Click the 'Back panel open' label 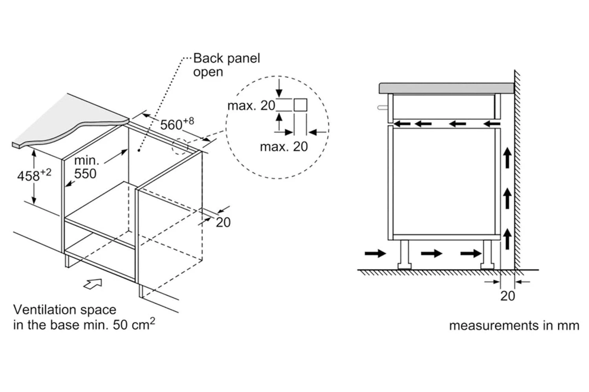tap(226, 65)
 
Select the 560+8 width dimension tap(177, 124)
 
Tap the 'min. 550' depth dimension tap(86, 167)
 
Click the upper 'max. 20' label tap(251, 105)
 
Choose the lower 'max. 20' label tap(284, 147)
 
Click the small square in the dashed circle tap(300, 105)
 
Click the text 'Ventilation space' tap(65, 310)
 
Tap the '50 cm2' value tap(134, 325)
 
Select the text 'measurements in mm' tap(514, 325)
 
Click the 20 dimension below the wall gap tap(507, 296)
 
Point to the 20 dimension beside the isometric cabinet tap(223, 222)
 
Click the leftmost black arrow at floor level tap(375, 253)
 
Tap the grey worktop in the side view tap(446, 88)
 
